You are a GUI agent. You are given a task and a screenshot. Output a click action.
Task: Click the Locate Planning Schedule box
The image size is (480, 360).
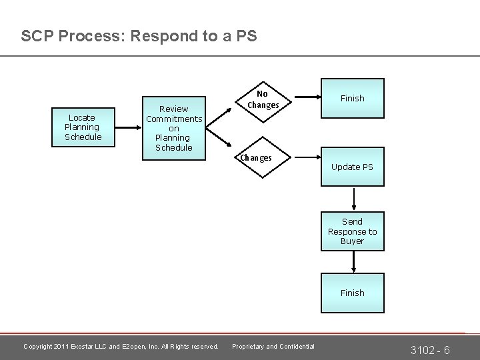coord(82,127)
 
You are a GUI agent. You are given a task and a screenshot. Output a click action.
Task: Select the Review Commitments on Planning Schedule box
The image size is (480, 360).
coord(174,127)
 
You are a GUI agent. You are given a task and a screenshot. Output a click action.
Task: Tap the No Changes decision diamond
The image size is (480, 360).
coord(263,99)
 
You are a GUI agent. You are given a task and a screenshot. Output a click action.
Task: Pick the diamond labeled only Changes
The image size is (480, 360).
coord(256,158)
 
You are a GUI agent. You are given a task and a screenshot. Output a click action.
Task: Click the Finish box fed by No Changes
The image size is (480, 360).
coord(352,98)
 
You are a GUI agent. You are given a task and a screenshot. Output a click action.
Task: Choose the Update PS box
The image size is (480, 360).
coord(352,167)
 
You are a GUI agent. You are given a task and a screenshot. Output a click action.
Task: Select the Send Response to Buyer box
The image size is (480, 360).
coord(352,231)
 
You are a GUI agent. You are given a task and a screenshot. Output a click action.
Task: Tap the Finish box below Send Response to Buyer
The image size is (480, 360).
coord(352,293)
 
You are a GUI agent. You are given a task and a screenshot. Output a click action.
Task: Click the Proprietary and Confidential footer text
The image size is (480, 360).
coord(273,346)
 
